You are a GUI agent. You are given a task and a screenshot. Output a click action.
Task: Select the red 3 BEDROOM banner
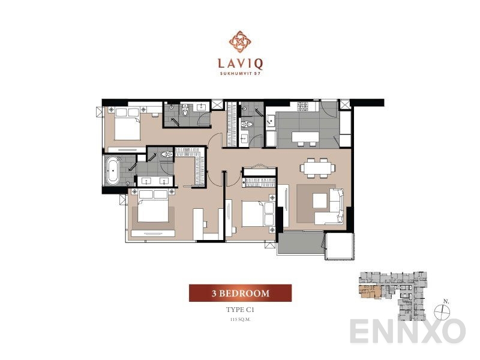coord(240,293)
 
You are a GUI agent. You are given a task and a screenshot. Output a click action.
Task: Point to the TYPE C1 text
coord(240,310)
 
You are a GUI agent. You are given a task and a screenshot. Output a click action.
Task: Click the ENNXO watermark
coord(408,331)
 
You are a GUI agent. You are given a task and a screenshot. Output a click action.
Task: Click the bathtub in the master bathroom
coord(112,170)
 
